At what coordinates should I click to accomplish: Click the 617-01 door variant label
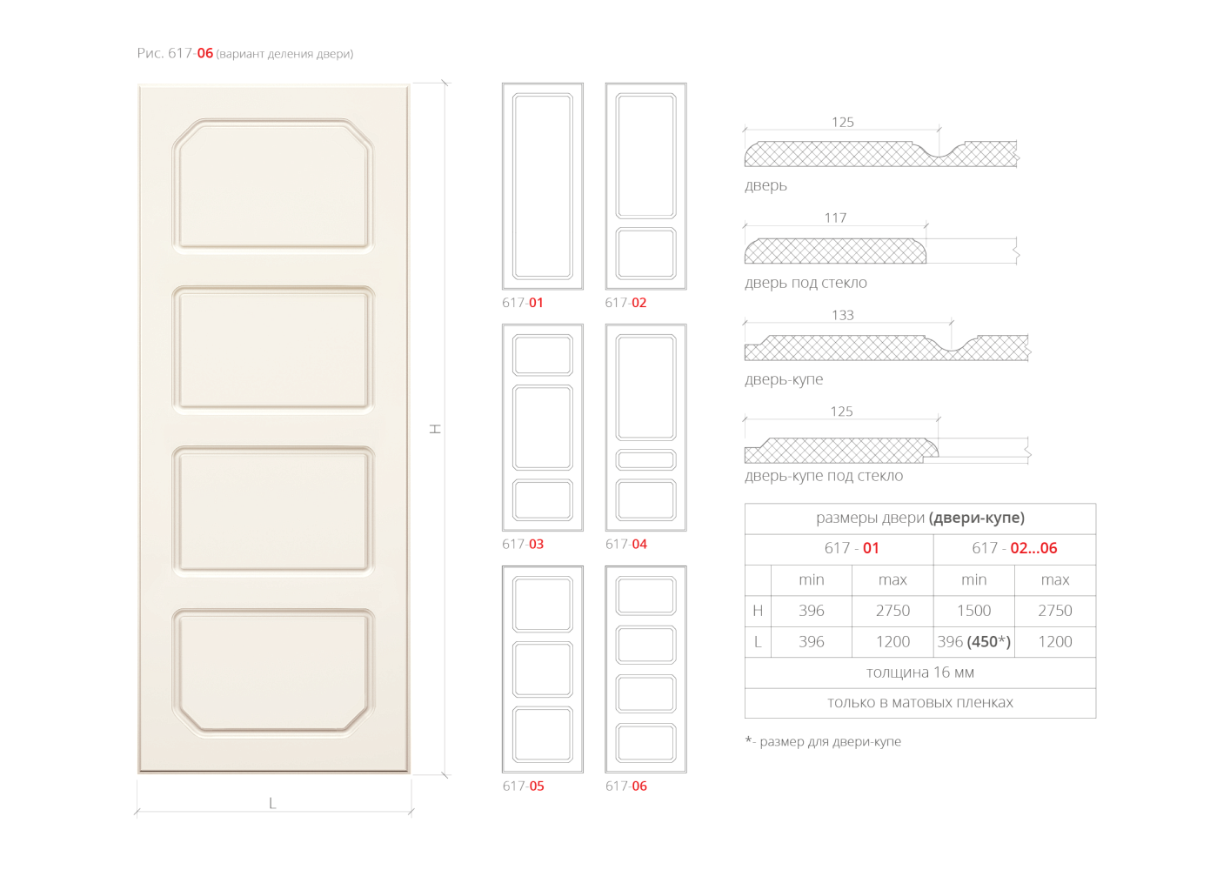[523, 303]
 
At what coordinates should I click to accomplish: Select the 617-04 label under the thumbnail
[626, 545]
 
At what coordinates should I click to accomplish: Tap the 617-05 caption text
[524, 786]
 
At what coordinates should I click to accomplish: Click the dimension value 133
[843, 315]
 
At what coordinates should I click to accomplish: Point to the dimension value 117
[835, 218]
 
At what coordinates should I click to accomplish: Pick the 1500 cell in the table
[974, 611]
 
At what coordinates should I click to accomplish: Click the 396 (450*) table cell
[974, 641]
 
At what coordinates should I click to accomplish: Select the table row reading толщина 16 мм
[920, 673]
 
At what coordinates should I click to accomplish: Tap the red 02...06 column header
[1033, 548]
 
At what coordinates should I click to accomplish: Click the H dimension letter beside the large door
[436, 429]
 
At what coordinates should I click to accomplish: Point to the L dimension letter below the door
[272, 804]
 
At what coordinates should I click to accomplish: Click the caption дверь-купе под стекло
[824, 476]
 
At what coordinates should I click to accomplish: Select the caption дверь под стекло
[806, 283]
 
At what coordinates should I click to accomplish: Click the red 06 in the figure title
[204, 53]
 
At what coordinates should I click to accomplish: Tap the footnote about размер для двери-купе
[823, 741]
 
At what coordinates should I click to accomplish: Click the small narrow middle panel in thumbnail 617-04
[645, 459]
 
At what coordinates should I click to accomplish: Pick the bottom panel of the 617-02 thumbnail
[645, 253]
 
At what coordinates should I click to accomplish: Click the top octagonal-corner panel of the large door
[273, 185]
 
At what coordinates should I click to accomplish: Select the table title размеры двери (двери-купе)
[920, 518]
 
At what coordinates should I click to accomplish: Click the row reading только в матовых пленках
[920, 702]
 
